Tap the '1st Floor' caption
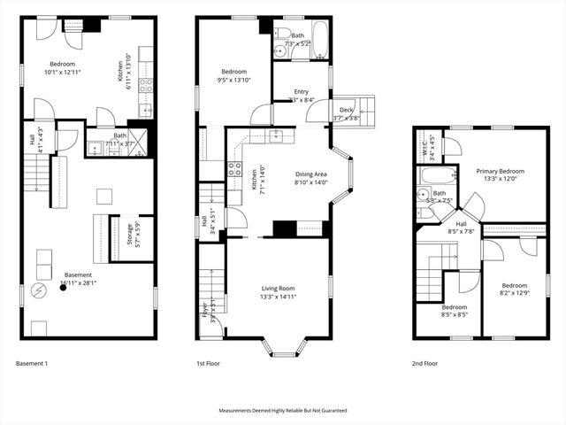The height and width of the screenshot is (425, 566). (208, 364)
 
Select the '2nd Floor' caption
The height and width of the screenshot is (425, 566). (424, 364)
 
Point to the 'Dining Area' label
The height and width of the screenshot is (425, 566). (310, 174)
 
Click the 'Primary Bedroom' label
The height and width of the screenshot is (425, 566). (500, 171)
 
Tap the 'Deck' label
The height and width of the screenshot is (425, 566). (346, 110)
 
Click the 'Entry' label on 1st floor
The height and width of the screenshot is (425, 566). (302, 91)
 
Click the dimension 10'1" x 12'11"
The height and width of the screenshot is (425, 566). (62, 73)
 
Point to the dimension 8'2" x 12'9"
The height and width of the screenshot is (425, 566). (514, 294)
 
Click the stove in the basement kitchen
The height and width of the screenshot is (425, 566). (146, 86)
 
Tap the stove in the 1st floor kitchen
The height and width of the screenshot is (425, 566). (235, 169)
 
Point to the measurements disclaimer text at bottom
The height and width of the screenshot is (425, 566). (283, 411)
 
